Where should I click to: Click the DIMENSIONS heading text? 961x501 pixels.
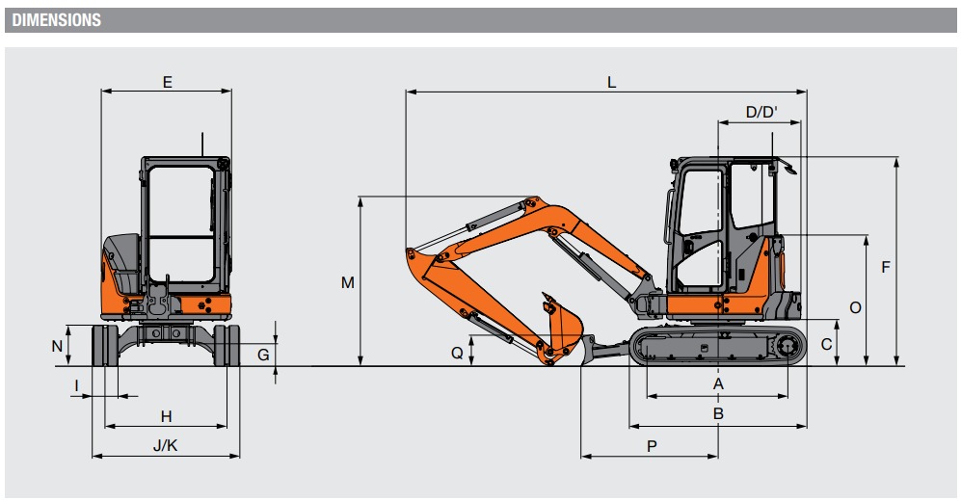coord(56,20)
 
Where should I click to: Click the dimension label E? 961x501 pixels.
coord(168,82)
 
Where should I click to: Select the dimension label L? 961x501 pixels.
coord(611,82)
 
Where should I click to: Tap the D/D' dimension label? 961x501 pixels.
coord(761,112)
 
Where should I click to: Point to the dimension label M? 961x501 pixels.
coord(348,282)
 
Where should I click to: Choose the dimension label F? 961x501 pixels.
coord(885,267)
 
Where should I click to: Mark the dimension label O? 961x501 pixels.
coord(856,307)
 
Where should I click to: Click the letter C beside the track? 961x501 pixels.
coord(826,344)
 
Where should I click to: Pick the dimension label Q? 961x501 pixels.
coord(457,353)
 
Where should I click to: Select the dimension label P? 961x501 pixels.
coord(652,446)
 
